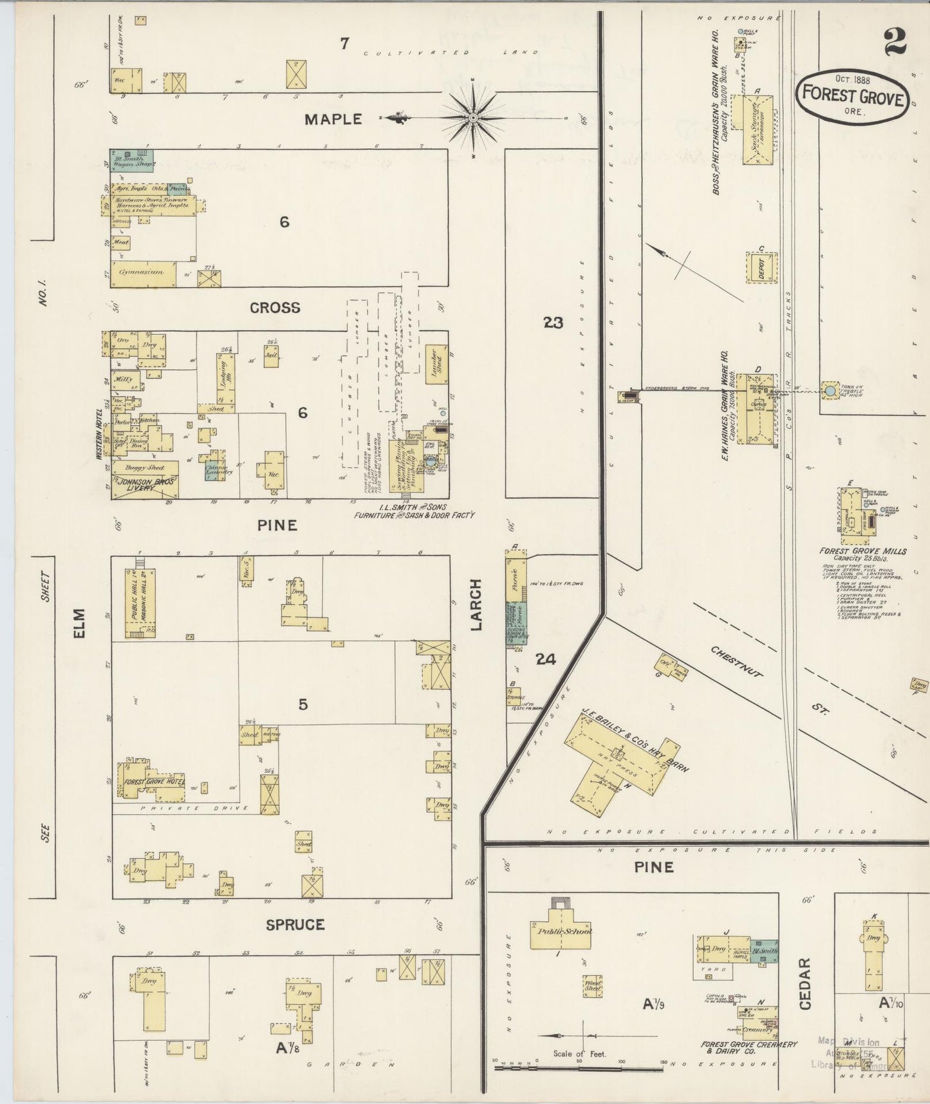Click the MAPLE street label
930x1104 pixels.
tap(333, 119)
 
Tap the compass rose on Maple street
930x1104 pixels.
tap(473, 118)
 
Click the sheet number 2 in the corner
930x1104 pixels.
tap(895, 42)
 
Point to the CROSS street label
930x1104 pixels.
tap(275, 308)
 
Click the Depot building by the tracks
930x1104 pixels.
tap(762, 267)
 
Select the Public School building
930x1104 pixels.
tap(561, 931)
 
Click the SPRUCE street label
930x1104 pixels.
tap(295, 924)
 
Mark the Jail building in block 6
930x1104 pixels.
tap(271, 356)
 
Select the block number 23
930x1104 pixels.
tap(553, 322)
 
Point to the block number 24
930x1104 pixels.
tap(545, 659)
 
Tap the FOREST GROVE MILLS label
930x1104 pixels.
tap(862, 551)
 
